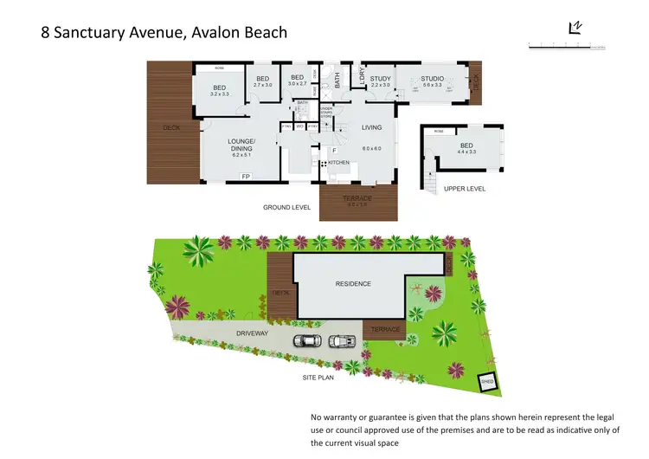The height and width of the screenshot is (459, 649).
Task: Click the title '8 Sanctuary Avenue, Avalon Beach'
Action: [x=164, y=33]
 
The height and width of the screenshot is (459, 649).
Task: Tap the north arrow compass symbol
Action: [x=574, y=29]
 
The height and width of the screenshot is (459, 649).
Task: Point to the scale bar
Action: [x=566, y=45]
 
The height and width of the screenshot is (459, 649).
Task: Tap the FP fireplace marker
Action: [x=246, y=177]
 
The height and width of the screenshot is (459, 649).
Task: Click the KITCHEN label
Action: [x=338, y=163]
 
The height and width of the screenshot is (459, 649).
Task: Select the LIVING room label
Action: [x=371, y=128]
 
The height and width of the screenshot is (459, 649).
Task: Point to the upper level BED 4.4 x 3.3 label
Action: [x=466, y=149]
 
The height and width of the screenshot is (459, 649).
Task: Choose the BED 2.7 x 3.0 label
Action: [x=263, y=81]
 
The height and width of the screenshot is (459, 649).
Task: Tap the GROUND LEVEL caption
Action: [x=286, y=208]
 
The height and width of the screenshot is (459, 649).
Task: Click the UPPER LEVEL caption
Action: [x=465, y=188]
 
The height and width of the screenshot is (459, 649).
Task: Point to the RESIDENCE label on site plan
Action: [x=353, y=284]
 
